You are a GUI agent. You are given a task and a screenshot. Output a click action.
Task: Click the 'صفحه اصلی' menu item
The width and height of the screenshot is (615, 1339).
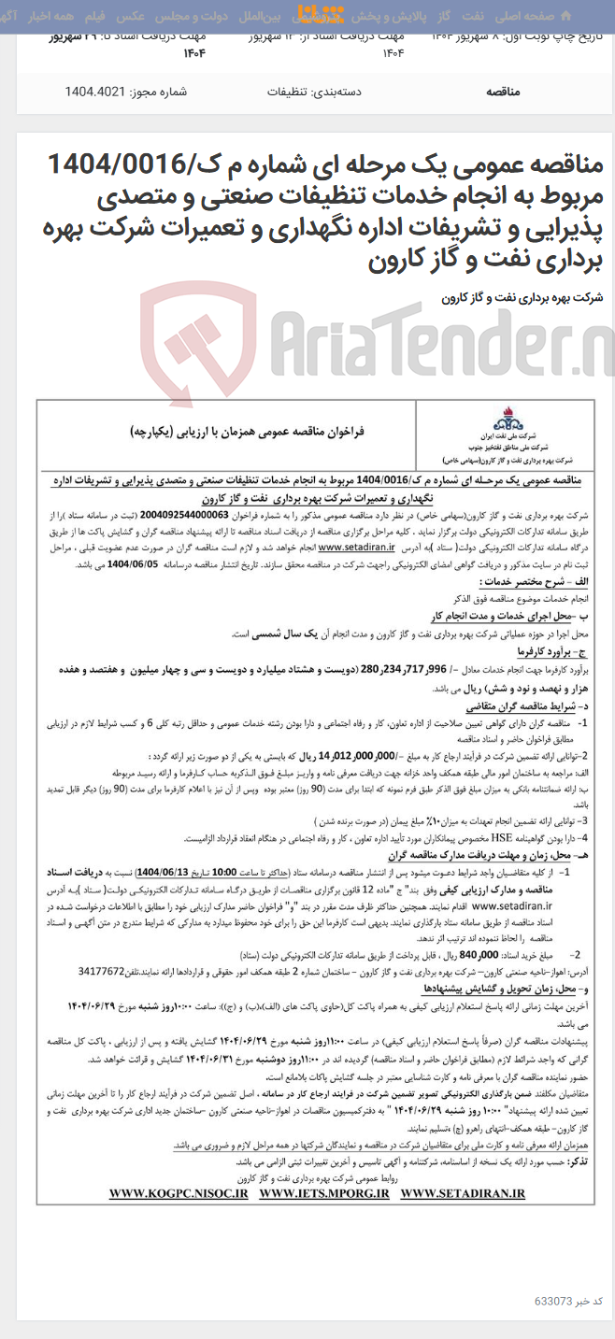[x=558, y=16]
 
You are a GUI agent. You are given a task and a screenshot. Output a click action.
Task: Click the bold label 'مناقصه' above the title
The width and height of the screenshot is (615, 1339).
[x=510, y=92]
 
